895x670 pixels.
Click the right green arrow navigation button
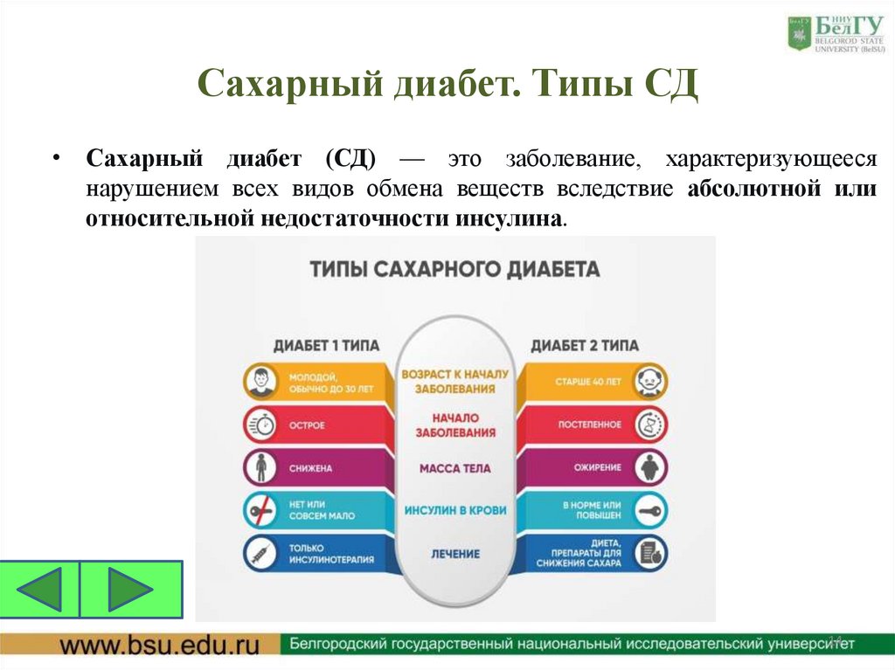[x=131, y=590]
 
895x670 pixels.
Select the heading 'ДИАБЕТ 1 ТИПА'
[x=326, y=345]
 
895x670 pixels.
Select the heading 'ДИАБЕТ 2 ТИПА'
[x=585, y=345]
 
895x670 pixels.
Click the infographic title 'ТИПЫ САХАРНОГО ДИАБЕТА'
[x=455, y=269]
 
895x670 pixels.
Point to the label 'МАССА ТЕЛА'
[x=455, y=468]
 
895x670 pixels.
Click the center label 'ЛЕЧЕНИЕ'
[x=455, y=554]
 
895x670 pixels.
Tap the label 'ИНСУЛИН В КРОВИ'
[x=455, y=509]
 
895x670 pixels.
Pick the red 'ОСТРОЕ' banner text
[x=307, y=425]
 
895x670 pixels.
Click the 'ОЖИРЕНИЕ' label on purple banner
[x=598, y=468]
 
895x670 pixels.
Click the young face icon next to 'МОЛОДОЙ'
[x=260, y=382]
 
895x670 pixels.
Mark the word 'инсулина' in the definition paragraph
[x=508, y=218]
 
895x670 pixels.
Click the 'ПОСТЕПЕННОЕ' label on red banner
[x=590, y=425]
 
